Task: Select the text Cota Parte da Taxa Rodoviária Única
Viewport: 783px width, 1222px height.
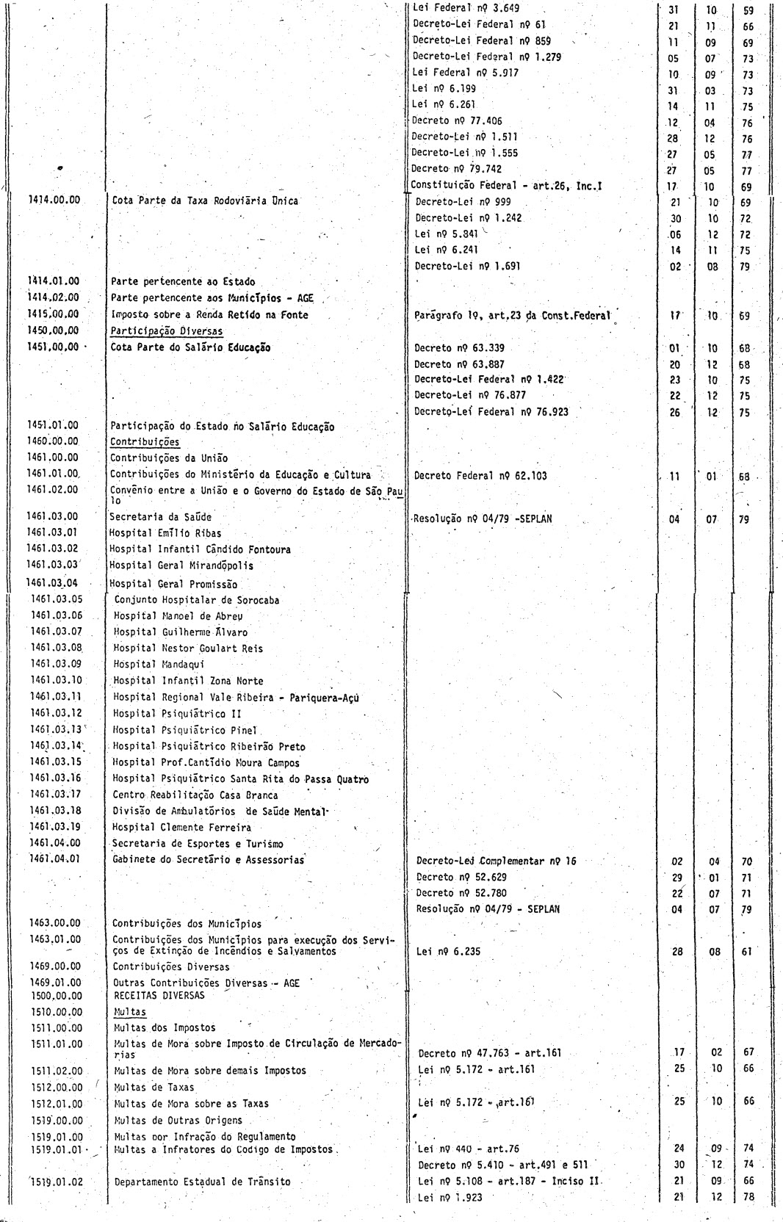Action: [204, 200]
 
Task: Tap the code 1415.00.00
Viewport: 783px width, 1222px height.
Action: [54, 314]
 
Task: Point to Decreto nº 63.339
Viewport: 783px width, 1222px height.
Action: [459, 347]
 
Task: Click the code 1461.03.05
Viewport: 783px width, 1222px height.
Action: [57, 599]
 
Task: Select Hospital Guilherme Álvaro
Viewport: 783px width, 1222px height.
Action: [180, 632]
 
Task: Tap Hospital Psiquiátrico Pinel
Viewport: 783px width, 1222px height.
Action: [184, 730]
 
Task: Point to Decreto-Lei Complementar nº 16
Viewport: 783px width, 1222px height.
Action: [496, 861]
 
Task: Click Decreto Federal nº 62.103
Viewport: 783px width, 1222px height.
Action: [480, 476]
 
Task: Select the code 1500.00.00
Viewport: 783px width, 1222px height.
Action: [55, 996]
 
